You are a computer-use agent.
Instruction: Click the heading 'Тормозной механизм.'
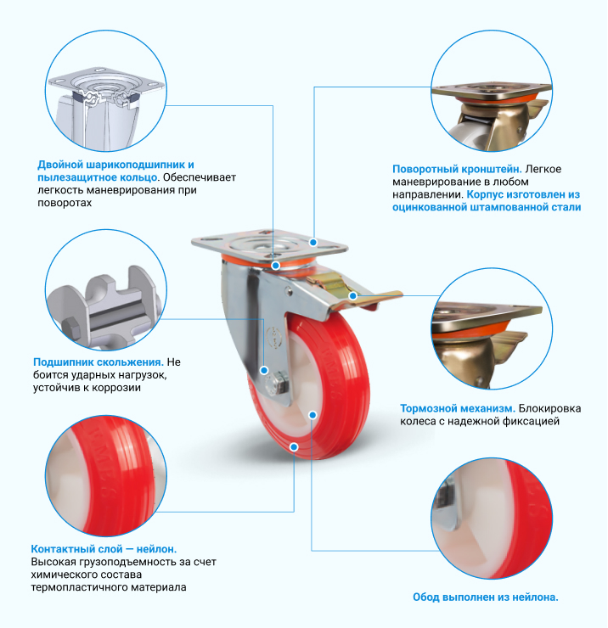[458, 408]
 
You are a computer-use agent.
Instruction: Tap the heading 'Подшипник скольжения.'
[99, 362]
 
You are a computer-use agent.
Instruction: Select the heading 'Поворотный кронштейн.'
[457, 169]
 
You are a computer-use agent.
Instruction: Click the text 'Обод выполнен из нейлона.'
[486, 597]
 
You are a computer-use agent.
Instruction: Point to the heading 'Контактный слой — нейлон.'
[104, 549]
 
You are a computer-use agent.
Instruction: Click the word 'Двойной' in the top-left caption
[60, 165]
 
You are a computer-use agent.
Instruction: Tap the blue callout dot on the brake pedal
[352, 296]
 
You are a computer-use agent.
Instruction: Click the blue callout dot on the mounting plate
[313, 243]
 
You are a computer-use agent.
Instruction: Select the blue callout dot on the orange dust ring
[275, 266]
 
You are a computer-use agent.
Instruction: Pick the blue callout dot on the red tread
[294, 447]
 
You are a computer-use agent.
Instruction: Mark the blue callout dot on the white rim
[312, 415]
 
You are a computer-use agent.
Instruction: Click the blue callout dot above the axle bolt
[264, 370]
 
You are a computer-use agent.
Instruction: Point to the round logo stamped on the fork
[274, 336]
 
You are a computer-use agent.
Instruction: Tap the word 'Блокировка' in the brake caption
[549, 408]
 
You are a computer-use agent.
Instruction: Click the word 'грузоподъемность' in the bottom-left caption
[121, 562]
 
